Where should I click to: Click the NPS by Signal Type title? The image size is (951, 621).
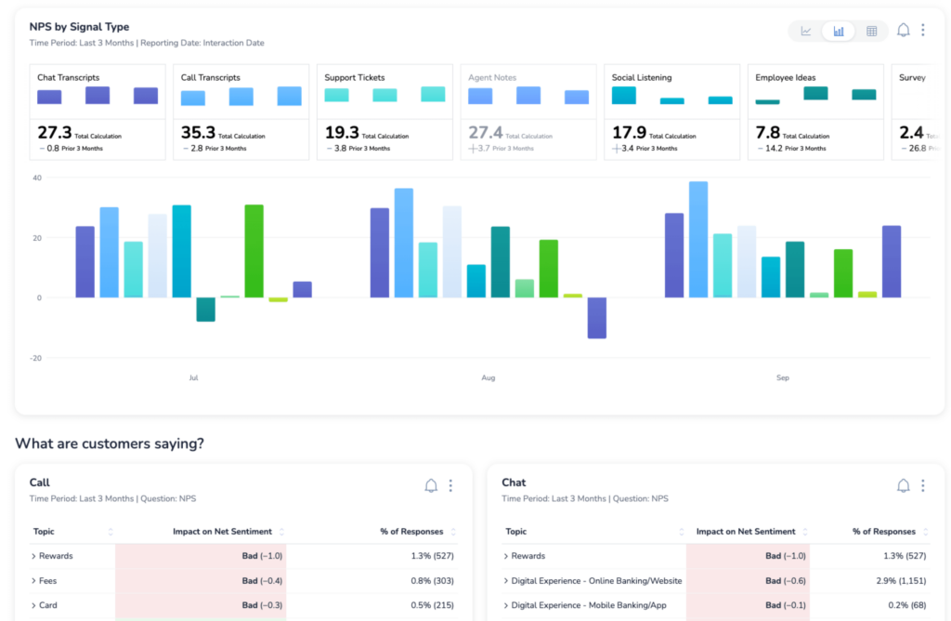pyautogui.click(x=79, y=27)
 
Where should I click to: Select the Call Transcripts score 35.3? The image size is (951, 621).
pyautogui.click(x=198, y=132)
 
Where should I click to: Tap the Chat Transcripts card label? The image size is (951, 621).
pyautogui.click(x=68, y=78)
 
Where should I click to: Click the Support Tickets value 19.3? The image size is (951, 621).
pyautogui.click(x=341, y=132)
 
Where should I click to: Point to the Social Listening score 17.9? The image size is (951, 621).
pyautogui.click(x=629, y=132)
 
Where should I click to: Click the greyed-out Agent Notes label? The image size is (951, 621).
pyautogui.click(x=492, y=78)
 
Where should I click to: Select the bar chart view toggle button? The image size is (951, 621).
pyautogui.click(x=839, y=31)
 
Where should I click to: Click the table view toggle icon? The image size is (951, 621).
pyautogui.click(x=871, y=31)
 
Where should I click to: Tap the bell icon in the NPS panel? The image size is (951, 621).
pyautogui.click(x=903, y=31)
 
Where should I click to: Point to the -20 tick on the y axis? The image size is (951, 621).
pyautogui.click(x=36, y=358)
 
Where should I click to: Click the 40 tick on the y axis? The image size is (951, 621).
pyautogui.click(x=38, y=178)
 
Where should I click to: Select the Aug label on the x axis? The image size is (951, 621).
pyautogui.click(x=489, y=378)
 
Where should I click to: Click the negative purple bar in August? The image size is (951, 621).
pyautogui.click(x=596, y=317)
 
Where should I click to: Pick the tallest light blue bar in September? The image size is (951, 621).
pyautogui.click(x=698, y=239)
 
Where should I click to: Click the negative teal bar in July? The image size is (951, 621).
pyautogui.click(x=205, y=309)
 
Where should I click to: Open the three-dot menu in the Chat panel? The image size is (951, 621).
pyautogui.click(x=922, y=485)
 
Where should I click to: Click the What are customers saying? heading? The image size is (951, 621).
pyautogui.click(x=109, y=444)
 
